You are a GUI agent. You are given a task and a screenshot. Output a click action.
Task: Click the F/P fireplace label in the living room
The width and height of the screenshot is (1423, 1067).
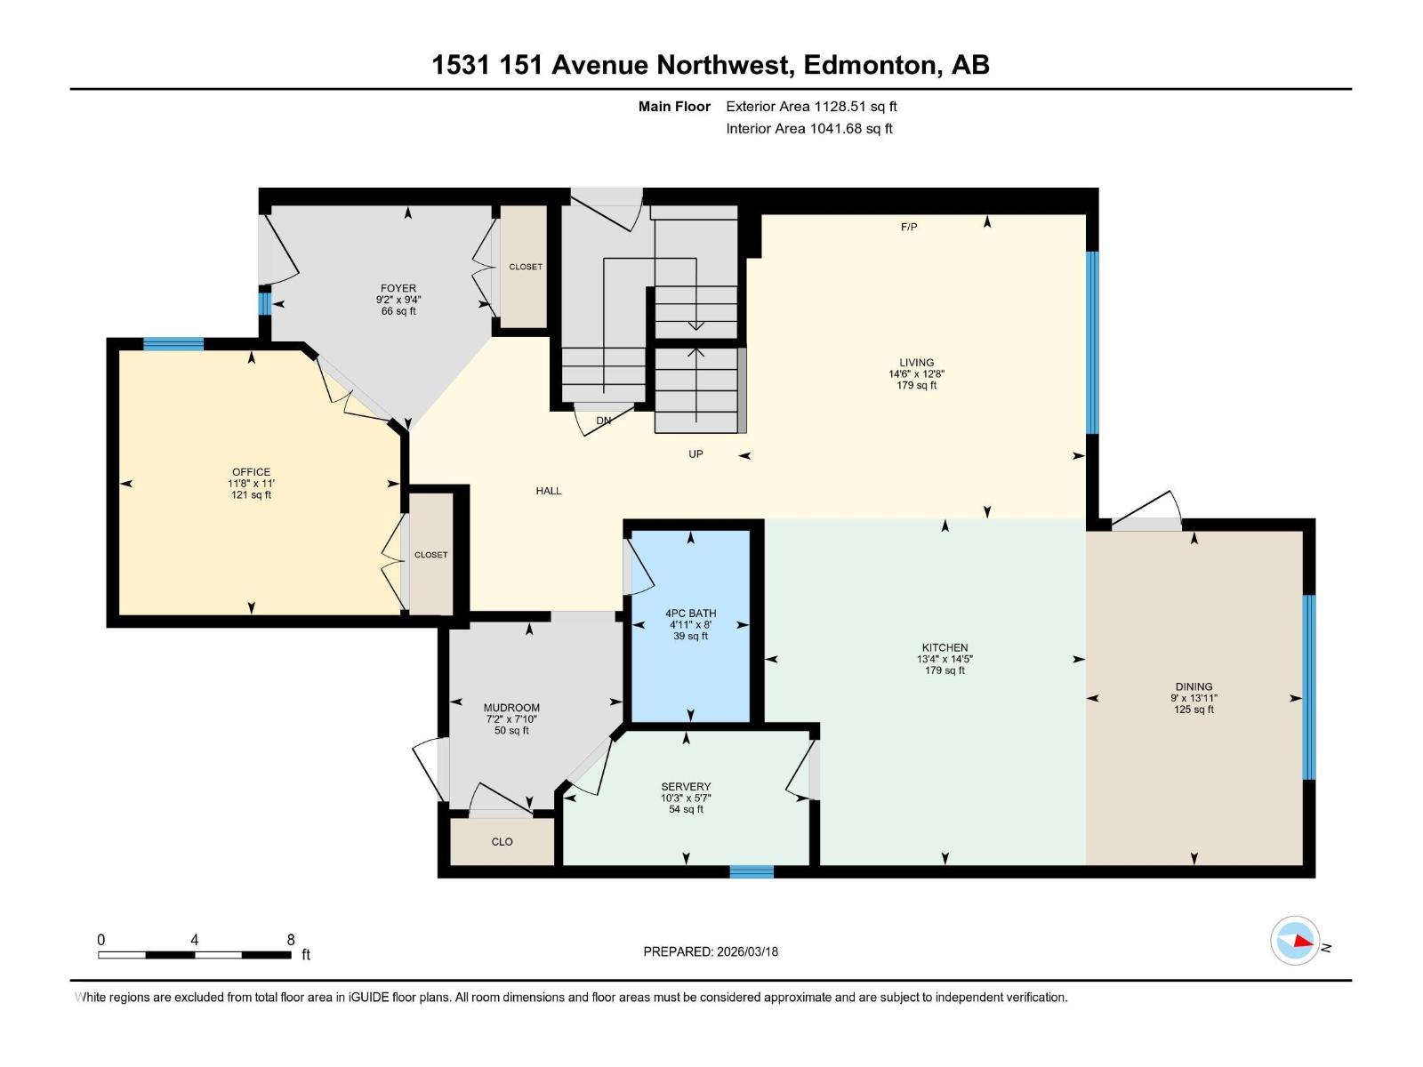(x=908, y=228)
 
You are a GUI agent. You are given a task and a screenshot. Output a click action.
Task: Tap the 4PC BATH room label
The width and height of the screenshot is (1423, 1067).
(x=690, y=614)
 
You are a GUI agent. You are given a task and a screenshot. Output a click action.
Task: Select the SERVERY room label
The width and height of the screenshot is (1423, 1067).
(x=686, y=787)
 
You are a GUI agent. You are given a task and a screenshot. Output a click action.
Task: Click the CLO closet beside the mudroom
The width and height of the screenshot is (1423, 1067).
(x=502, y=842)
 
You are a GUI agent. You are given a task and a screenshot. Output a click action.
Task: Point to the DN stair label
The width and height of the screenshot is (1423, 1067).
(x=603, y=421)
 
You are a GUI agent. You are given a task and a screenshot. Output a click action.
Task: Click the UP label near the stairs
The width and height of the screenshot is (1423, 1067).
(x=695, y=454)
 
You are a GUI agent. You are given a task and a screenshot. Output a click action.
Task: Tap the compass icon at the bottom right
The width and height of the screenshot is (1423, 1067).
(x=1295, y=940)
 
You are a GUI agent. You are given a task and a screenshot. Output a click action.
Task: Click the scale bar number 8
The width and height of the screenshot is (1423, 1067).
(x=291, y=940)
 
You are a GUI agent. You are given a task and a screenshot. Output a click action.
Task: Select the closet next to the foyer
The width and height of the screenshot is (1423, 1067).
(x=525, y=267)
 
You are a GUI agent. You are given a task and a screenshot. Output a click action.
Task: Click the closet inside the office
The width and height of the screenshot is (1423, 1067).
(x=430, y=555)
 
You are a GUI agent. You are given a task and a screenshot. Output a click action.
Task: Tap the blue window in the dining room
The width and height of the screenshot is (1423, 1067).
(x=1308, y=686)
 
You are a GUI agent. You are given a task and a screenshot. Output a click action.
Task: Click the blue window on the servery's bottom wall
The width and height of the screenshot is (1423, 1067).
(x=752, y=871)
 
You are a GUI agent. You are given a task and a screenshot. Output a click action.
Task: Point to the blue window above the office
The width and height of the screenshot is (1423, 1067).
(x=173, y=345)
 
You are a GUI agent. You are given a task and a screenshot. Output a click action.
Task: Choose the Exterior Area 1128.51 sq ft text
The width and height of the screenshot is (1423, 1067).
(x=811, y=107)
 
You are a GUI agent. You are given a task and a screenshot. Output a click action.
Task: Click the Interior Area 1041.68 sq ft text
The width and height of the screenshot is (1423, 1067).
(x=808, y=129)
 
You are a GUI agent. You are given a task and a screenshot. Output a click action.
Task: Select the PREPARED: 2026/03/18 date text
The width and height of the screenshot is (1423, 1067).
(x=711, y=951)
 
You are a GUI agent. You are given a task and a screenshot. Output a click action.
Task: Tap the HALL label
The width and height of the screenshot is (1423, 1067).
(x=549, y=491)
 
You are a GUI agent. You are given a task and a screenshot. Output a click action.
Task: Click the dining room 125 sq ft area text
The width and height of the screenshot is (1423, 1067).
(x=1194, y=710)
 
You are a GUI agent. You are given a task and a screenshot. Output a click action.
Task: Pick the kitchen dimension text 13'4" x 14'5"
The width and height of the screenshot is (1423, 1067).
(x=945, y=659)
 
